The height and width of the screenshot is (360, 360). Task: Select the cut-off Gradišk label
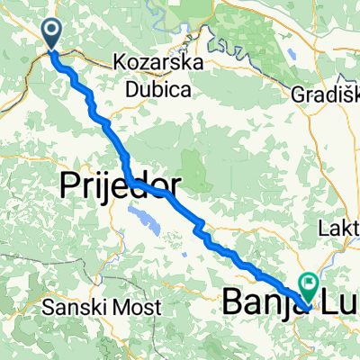(x=326, y=93)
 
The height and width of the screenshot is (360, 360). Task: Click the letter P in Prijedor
(x=68, y=186)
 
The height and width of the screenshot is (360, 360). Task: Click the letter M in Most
(x=125, y=307)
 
